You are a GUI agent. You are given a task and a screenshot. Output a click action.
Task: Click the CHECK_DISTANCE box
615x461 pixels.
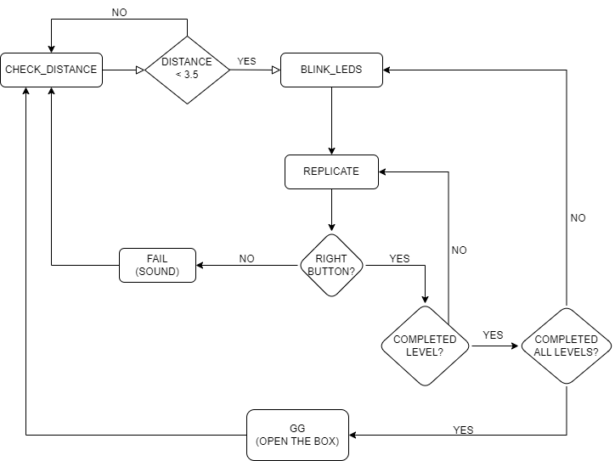(x=51, y=70)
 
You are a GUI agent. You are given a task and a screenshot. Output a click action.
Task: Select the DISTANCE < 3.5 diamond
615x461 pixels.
(x=187, y=70)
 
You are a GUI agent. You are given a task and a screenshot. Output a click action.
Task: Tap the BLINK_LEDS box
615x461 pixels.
(x=331, y=70)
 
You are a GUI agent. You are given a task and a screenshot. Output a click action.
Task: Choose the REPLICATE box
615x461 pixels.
(x=331, y=171)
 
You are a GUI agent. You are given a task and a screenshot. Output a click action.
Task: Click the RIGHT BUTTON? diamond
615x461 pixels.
(x=331, y=265)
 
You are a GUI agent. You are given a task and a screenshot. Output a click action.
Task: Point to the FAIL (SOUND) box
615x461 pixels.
(x=157, y=265)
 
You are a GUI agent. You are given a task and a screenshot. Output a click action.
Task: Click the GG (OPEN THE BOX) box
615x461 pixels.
(x=297, y=435)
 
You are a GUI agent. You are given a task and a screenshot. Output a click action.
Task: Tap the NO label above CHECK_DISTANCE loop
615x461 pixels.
(x=120, y=13)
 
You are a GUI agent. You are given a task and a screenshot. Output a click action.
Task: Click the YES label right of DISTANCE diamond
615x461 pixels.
(x=247, y=62)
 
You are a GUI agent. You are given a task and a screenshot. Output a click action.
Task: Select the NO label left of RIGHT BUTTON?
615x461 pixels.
(x=247, y=258)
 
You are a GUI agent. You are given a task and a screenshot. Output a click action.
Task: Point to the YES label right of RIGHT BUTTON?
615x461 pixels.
(x=399, y=257)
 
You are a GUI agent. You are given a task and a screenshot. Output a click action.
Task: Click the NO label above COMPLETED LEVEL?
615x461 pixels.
(x=460, y=250)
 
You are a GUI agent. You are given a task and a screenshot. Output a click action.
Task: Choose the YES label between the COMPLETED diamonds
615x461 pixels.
(x=493, y=335)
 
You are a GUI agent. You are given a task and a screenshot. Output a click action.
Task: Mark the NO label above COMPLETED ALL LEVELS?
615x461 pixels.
(x=578, y=218)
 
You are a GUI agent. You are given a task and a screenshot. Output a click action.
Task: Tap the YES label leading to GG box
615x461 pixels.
(x=464, y=430)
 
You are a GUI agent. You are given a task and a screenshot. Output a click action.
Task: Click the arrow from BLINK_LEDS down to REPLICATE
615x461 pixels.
(x=331, y=120)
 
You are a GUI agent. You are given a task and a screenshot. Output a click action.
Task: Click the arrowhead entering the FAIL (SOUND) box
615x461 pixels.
(x=201, y=265)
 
